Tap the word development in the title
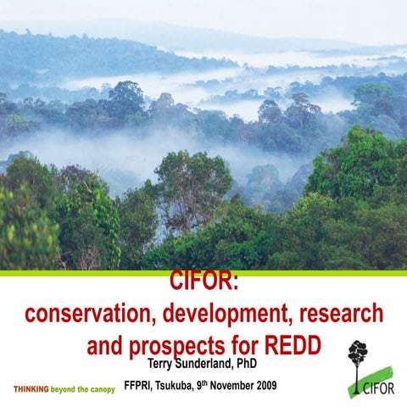[x=226, y=314]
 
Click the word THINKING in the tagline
[x=31, y=390]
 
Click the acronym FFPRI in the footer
[x=139, y=386]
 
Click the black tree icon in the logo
[x=360, y=356]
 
